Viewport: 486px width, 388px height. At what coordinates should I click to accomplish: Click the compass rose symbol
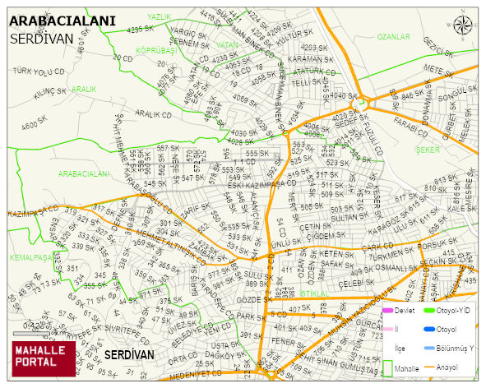tap(463, 25)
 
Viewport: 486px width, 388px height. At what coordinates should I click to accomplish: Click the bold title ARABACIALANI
tap(67, 21)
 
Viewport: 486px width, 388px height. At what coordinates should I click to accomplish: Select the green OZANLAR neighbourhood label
tap(393, 37)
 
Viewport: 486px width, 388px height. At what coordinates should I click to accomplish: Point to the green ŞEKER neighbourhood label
tap(428, 150)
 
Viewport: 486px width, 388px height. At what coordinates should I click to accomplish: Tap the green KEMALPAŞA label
tap(25, 257)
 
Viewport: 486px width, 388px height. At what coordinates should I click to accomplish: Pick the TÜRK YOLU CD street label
tap(39, 72)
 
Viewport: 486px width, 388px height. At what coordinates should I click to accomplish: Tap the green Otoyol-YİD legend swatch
tap(424, 311)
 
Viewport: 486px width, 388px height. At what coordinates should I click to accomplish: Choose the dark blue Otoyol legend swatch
tap(424, 329)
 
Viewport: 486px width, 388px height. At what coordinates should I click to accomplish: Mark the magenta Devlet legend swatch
tap(388, 311)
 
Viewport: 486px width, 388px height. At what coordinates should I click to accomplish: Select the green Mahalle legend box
tap(388, 367)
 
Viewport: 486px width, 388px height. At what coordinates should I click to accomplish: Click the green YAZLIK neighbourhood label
tap(159, 16)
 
